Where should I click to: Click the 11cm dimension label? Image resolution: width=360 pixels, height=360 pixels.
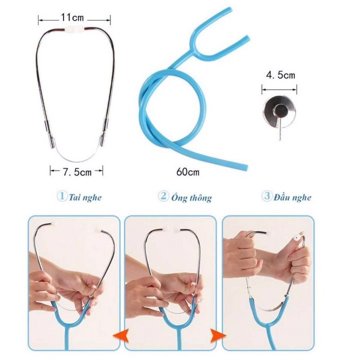[72, 18]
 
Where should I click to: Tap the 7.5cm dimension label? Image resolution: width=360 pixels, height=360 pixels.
[77, 172]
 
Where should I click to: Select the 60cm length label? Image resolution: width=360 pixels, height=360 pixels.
[188, 172]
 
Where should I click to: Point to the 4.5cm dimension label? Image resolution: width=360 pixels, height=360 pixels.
[280, 75]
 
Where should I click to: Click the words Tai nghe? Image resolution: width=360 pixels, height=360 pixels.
[85, 198]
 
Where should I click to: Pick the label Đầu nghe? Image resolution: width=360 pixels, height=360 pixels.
[292, 198]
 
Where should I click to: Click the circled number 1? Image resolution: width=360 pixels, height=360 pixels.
[62, 197]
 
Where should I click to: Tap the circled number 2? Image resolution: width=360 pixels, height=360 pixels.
[163, 196]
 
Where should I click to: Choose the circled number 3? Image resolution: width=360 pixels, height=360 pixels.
[267, 196]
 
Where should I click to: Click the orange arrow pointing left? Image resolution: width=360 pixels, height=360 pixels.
[121, 336]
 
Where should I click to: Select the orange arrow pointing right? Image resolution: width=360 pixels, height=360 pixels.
[218, 336]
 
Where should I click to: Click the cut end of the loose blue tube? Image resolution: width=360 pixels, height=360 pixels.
[246, 167]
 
